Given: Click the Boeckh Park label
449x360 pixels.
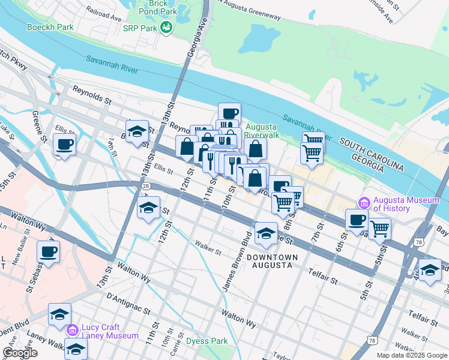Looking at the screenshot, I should pos(50,27).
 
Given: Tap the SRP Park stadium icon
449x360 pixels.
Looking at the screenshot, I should pos(166,28).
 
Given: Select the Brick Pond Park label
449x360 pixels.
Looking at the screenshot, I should pos(158,7).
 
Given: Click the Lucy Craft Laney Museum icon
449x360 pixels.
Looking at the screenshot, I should pos(73,329).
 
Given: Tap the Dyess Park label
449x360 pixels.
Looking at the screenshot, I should pos(207,341).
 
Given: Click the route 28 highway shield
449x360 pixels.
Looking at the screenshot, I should pos(146,187).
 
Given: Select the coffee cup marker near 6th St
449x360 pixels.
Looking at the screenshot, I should pos(357,220).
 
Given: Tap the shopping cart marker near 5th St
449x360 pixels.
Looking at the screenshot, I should pos(379,228).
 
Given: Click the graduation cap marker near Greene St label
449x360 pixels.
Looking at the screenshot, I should pos(265,234).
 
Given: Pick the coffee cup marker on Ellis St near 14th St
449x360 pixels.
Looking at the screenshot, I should pos(64,144).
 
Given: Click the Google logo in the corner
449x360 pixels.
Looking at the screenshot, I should pos(20,353).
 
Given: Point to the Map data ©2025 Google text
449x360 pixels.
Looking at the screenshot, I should pos(411,355).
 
